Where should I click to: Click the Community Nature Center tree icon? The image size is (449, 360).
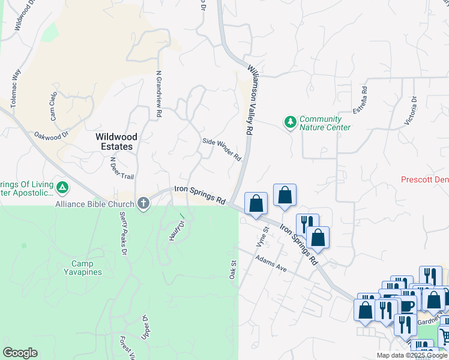tap(291, 122)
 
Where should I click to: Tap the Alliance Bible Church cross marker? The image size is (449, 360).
tap(143, 204)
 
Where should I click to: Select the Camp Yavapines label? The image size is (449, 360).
tap(86, 268)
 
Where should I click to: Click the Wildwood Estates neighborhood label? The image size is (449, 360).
tap(114, 142)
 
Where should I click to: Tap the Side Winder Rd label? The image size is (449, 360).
tap(221, 150)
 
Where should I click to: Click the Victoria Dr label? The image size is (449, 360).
tap(411, 110)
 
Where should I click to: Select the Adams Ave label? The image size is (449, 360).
tap(271, 264)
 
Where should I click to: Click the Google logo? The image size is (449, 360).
tap(20, 353)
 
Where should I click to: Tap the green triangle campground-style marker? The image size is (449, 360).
tap(62, 188)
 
